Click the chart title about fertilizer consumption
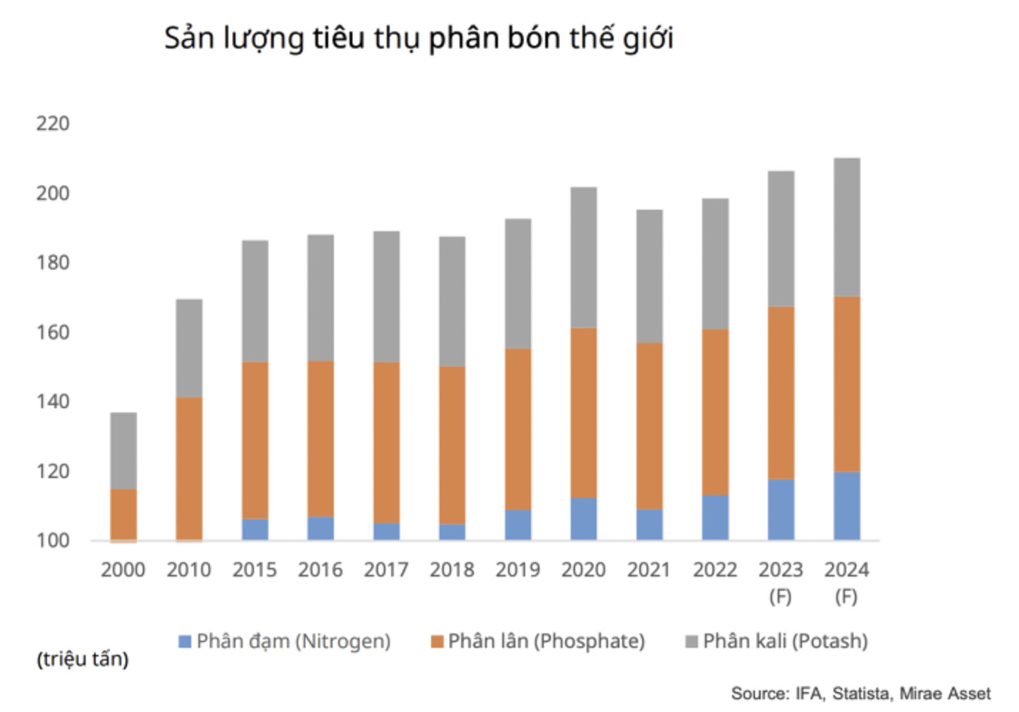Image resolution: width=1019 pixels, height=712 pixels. point(419,39)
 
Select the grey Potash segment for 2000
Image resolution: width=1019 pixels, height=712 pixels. point(123,450)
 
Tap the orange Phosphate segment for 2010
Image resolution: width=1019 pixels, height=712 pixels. point(189,468)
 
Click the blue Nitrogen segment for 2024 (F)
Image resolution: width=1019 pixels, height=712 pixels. point(846,506)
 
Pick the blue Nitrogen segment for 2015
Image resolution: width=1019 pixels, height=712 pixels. point(255,529)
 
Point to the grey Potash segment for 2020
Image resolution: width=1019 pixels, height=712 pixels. point(584,257)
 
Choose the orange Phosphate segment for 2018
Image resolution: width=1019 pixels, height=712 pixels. point(452,445)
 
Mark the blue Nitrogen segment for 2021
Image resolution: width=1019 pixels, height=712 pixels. point(649,524)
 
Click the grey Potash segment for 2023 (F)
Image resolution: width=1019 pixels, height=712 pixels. point(781,238)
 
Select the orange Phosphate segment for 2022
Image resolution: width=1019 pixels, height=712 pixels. point(715,412)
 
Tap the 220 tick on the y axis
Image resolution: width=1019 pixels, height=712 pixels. point(53,124)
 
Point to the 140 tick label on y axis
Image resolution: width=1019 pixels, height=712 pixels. point(53,402)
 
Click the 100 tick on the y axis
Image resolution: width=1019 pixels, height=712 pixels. point(53,540)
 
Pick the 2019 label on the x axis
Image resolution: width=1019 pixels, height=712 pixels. point(517,570)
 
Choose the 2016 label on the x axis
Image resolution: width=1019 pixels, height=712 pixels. point(320,570)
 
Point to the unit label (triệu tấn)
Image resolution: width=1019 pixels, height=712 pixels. point(83,659)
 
